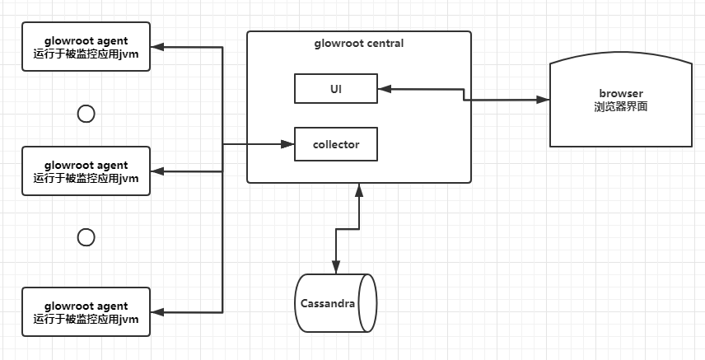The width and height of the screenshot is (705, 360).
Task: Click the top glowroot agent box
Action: tap(86, 48)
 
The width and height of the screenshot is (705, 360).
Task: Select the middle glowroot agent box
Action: tap(86, 171)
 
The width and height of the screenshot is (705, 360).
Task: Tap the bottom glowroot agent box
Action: tap(86, 311)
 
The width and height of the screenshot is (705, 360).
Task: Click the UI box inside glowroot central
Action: tap(336, 88)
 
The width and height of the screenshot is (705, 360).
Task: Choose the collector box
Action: tap(336, 144)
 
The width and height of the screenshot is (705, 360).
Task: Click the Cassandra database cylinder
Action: tap(335, 303)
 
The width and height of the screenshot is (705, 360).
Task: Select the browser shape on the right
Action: tap(620, 101)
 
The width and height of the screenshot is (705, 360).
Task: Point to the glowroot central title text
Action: tap(359, 43)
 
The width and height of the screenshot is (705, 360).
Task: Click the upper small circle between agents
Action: tap(86, 114)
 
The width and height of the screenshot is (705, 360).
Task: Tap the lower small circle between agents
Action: tap(86, 237)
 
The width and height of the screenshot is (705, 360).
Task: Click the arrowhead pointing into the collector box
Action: tap(288, 144)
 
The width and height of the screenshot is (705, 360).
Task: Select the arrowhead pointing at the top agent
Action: tap(158, 48)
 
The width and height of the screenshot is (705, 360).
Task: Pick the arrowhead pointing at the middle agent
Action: tap(158, 171)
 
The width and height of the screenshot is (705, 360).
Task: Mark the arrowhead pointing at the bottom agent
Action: tap(158, 311)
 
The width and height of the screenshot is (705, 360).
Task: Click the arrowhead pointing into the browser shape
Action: tap(544, 100)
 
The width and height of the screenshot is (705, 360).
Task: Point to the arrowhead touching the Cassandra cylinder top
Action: tap(335, 266)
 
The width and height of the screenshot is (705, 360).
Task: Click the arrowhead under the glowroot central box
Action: tap(359, 189)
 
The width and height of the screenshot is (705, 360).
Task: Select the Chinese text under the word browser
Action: tap(620, 106)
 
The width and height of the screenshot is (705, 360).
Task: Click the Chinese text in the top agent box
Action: tap(86, 54)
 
